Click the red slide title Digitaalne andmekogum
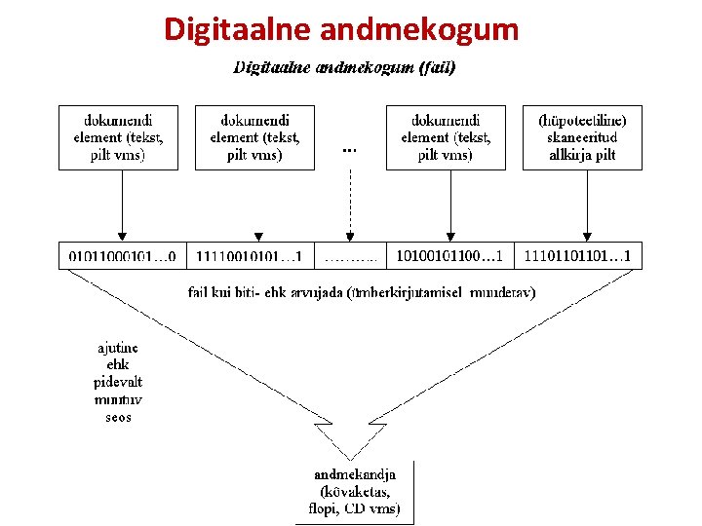pos(341,29)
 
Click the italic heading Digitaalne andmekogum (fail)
pos(344,68)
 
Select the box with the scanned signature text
pos(582,137)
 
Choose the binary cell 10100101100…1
pos(449,256)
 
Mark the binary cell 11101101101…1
pos(577,256)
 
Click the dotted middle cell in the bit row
pos(350,257)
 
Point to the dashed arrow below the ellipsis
pos(350,205)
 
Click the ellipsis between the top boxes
pos(350,150)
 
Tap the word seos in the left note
pos(118,417)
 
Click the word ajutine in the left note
pos(118,348)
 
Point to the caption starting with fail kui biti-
pos(361,291)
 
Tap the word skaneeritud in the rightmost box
pos(582,137)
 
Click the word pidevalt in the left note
pos(118,382)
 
